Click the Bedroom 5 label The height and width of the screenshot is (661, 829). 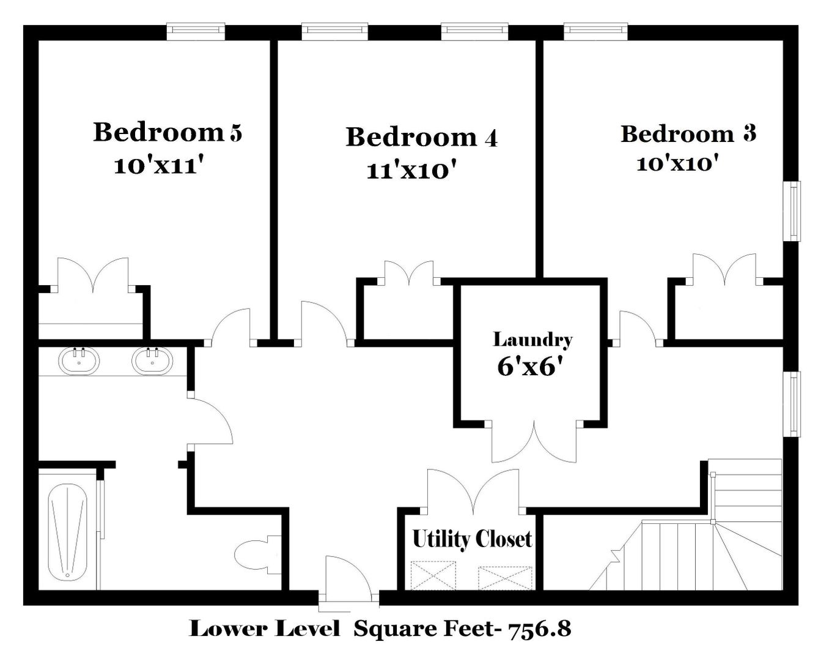[168, 132]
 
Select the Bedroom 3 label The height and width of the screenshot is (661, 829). [688, 134]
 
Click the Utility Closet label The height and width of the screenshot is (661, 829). [472, 539]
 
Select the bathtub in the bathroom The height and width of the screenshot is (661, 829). [68, 532]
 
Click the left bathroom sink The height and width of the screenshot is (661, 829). [79, 361]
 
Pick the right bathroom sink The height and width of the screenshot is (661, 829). [152, 361]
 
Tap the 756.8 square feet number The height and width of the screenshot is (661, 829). [540, 629]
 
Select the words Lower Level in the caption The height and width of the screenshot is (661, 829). [265, 629]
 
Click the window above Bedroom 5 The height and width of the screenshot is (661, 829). [196, 32]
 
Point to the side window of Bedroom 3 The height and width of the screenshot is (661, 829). [792, 211]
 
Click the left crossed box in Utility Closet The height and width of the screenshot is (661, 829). [433, 575]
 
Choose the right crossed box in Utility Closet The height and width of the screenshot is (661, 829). [505, 578]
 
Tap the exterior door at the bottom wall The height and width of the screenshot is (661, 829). [349, 581]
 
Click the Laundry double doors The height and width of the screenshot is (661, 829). [534, 441]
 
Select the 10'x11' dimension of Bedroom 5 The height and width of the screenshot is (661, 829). [158, 166]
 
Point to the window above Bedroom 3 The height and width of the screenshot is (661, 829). [596, 32]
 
